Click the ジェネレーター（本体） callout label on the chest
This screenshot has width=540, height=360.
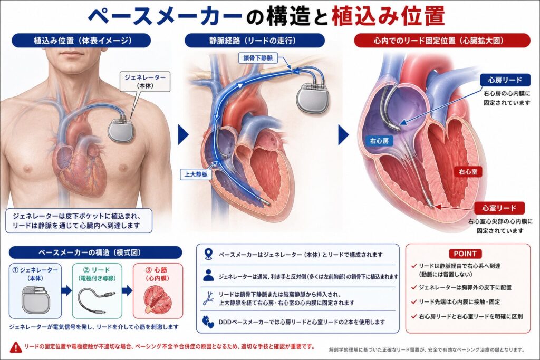pyautogui.click(x=145, y=82)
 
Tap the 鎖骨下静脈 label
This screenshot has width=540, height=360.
pyautogui.click(x=258, y=58)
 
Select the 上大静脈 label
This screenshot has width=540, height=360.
pyautogui.click(x=196, y=174)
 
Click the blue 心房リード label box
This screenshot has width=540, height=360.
pyautogui.click(x=505, y=80)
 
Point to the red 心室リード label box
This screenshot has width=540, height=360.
pyautogui.click(x=499, y=208)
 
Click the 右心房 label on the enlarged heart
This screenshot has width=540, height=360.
pyautogui.click(x=379, y=141)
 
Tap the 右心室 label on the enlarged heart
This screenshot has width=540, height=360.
pyautogui.click(x=468, y=171)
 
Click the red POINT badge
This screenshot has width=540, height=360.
pyautogui.click(x=465, y=254)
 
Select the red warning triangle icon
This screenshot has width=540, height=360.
pyautogui.click(x=15, y=347)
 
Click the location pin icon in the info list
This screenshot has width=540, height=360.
pyautogui.click(x=208, y=255)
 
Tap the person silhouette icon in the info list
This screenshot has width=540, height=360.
pyautogui.click(x=208, y=275)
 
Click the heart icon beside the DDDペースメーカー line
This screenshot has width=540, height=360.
pyautogui.click(x=208, y=322)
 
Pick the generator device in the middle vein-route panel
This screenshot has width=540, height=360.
pyautogui.click(x=313, y=98)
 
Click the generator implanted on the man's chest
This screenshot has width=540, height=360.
pyautogui.click(x=121, y=129)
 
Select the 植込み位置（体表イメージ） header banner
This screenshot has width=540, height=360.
pyautogui.click(x=81, y=41)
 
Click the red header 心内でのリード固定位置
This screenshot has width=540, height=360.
pyautogui.click(x=442, y=41)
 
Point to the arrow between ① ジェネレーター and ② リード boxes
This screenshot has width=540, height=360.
pyautogui.click(x=66, y=290)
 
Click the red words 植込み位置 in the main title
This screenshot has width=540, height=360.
pyautogui.click(x=388, y=16)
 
